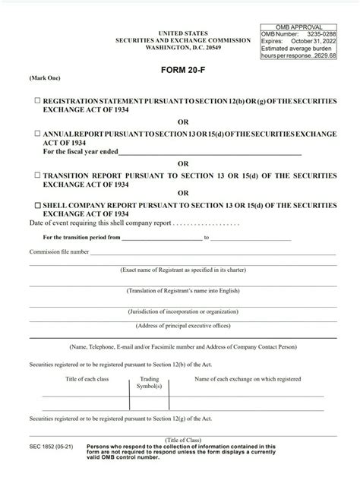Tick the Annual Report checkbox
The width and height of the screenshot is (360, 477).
tap(37, 133)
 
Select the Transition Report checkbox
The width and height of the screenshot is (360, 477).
tap(37, 175)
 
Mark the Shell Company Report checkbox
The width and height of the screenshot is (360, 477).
tap(37, 206)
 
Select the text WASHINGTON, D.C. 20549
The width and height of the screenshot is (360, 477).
tap(184, 46)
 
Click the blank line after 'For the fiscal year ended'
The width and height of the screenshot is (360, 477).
tap(209, 151)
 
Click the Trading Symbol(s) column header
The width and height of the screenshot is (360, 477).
tap(150, 382)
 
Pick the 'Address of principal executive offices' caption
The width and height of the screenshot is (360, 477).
tap(183, 325)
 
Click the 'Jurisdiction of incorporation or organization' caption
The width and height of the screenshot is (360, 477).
tap(183, 311)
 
